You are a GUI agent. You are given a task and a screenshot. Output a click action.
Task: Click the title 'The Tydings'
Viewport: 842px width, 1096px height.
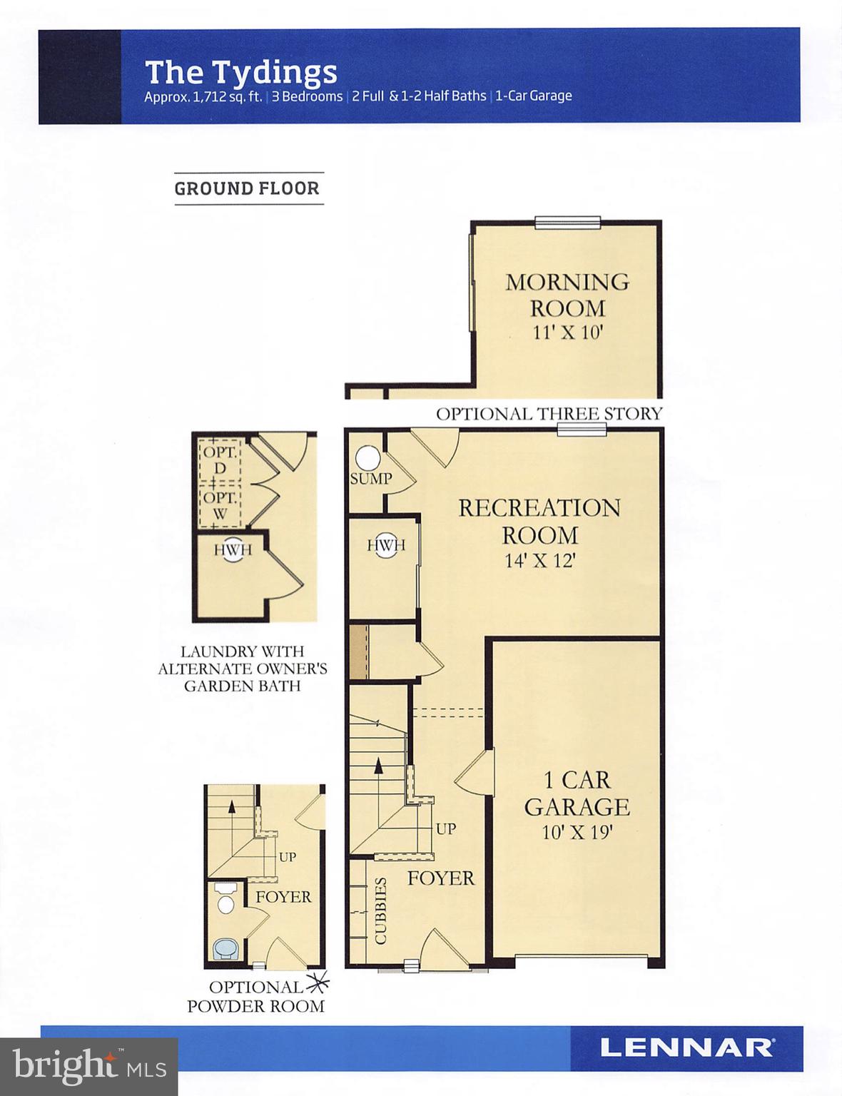[240, 72]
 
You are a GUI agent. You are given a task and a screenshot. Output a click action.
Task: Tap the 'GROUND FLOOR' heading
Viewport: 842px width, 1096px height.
[247, 188]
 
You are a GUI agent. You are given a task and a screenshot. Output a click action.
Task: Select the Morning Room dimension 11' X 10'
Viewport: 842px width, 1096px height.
[567, 333]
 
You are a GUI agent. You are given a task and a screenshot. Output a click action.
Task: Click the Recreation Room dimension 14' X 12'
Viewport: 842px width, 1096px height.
[539, 561]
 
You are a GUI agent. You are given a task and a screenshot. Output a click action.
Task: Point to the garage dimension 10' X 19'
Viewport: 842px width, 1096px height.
[577, 832]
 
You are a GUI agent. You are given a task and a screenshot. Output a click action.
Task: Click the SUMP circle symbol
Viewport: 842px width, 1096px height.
[368, 457]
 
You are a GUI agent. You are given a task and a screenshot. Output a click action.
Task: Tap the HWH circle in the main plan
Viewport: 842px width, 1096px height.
[386, 545]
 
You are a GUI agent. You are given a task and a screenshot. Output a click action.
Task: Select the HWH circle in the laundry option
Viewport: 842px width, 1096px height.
[233, 549]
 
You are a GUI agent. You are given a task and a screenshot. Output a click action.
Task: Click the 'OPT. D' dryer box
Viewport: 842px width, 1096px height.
[220, 460]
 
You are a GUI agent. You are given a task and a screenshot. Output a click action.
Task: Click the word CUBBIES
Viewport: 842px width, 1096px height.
[380, 910]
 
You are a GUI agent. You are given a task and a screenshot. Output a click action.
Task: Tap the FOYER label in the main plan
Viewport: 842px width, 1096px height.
[440, 878]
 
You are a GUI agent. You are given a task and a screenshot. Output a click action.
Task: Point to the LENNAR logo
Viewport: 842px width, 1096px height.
[686, 1047]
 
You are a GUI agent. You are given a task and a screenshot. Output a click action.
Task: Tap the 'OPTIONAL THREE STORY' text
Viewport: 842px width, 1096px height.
[549, 414]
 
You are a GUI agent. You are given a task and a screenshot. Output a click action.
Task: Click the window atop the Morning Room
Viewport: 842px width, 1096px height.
[567, 223]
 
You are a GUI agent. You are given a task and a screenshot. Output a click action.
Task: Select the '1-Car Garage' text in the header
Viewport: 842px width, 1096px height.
[534, 96]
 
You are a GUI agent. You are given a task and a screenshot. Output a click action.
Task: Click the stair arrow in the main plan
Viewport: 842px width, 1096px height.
[378, 767]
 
